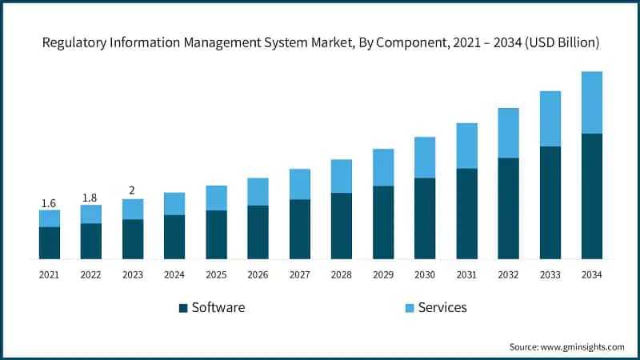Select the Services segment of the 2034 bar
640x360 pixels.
[591, 102]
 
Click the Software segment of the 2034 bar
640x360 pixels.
[591, 196]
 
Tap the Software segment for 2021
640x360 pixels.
[50, 242]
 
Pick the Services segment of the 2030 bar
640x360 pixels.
[425, 158]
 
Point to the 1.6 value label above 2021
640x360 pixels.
[50, 204]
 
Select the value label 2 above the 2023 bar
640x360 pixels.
[133, 191]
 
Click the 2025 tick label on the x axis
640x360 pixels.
[216, 274]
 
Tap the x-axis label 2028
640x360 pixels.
[342, 274]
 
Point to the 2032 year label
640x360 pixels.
[508, 274]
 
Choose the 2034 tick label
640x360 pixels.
[591, 274]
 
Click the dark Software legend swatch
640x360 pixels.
[182, 308]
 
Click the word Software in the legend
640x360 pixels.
[218, 308]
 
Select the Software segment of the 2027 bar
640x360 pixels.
[299, 229]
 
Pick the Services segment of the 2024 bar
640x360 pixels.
[174, 203]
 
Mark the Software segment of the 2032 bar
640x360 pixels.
[508, 208]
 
